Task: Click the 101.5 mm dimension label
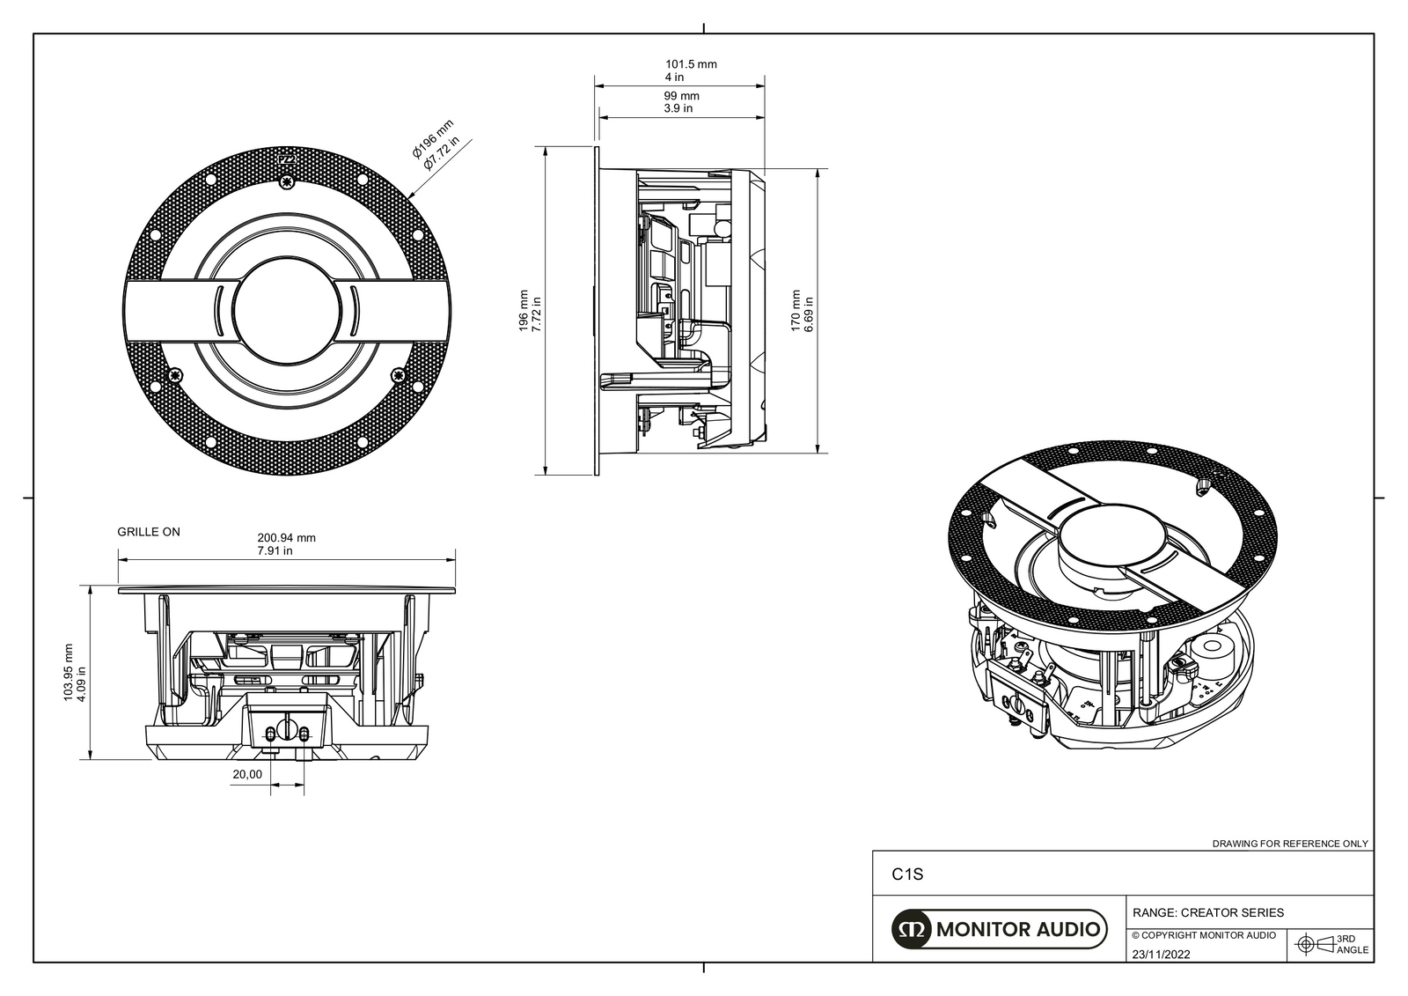pos(691,64)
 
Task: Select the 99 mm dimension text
pos(682,96)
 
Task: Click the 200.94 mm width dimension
pos(286,538)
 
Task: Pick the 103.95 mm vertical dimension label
pos(69,672)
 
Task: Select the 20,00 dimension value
pos(246,775)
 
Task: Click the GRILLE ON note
pos(149,532)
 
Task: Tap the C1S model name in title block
pos(907,875)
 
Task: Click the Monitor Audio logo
pos(998,929)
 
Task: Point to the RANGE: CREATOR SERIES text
pos(1207,912)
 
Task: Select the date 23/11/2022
pos(1161,955)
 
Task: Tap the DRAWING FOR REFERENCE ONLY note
pos(1290,844)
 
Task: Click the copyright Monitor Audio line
pos(1203,935)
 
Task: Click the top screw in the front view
pos(286,182)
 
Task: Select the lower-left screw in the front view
pos(176,376)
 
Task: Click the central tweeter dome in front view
pos(286,312)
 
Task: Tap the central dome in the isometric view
pos(1112,536)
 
